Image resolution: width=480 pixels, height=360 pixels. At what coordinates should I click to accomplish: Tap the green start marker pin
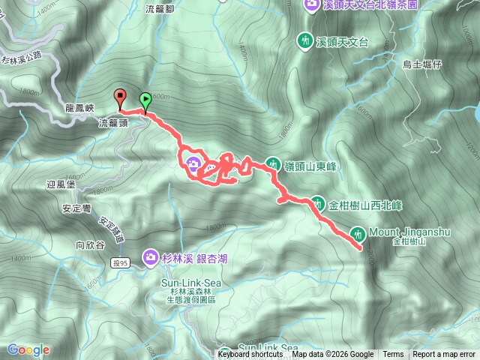tap(145, 97)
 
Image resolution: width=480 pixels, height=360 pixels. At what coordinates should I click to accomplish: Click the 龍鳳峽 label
tap(79, 109)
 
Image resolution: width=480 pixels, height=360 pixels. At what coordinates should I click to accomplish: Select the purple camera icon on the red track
tap(193, 164)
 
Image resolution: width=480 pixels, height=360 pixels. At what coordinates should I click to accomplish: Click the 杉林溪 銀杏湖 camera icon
tap(151, 258)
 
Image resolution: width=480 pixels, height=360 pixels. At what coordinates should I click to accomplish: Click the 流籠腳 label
tap(160, 10)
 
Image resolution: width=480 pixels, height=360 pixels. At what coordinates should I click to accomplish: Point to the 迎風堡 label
tap(62, 183)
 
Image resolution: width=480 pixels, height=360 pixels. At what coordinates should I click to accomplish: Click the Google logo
tap(28, 349)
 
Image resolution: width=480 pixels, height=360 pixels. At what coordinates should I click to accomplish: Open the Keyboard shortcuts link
tap(250, 355)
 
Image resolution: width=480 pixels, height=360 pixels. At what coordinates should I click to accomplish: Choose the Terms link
tap(393, 355)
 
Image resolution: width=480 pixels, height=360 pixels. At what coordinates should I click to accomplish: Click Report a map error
tap(445, 355)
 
